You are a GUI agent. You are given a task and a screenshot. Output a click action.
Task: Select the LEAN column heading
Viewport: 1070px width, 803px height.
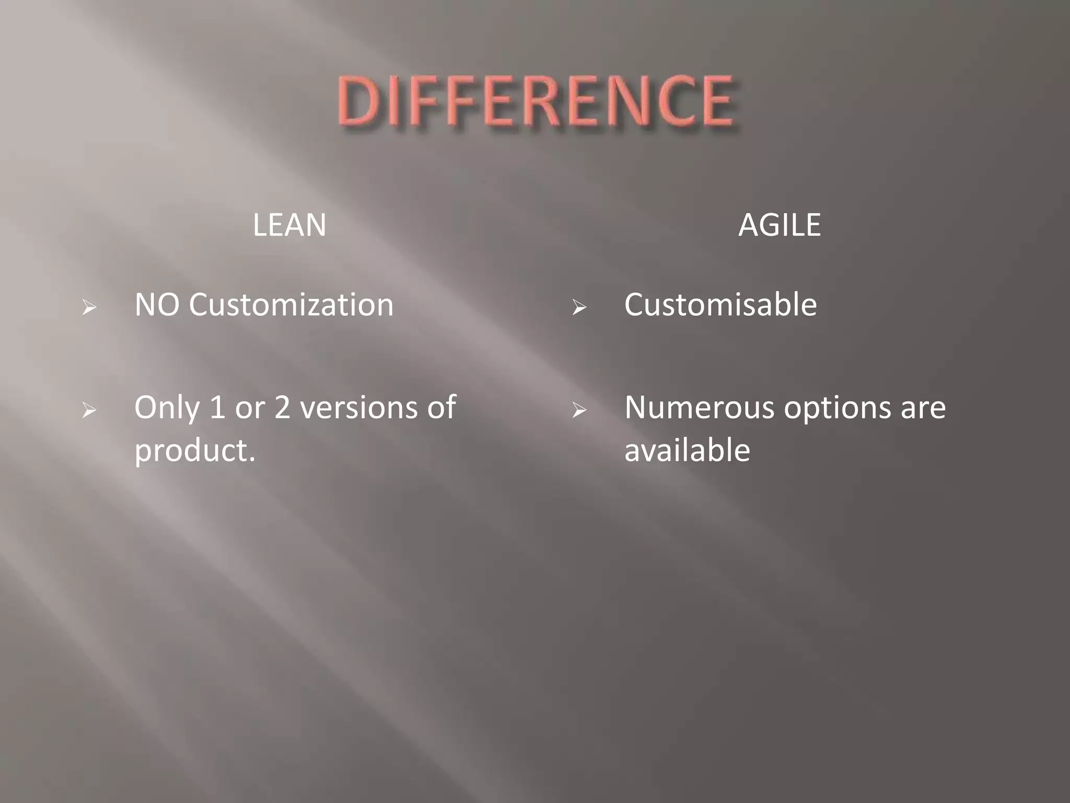[289, 225]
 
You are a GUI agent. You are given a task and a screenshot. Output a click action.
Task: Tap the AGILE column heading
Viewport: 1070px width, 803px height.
[779, 225]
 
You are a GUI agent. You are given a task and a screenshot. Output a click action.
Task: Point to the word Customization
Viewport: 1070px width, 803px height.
[291, 305]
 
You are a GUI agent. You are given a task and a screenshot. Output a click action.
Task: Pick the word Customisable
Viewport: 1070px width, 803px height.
[720, 305]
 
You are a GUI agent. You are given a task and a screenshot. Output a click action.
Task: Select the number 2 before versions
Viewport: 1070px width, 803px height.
[282, 408]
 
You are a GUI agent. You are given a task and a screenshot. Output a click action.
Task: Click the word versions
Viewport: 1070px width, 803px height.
[359, 408]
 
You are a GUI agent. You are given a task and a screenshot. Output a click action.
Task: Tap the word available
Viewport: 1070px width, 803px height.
[687, 450]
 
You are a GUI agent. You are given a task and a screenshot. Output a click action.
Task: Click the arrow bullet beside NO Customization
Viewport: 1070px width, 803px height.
[89, 308]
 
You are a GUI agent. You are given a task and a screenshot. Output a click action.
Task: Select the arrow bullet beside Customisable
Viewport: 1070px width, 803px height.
[579, 308]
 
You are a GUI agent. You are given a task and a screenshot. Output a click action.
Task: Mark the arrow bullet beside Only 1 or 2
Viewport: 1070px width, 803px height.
[89, 411]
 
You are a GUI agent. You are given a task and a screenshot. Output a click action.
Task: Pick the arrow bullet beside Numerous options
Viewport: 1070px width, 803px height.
[579, 411]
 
